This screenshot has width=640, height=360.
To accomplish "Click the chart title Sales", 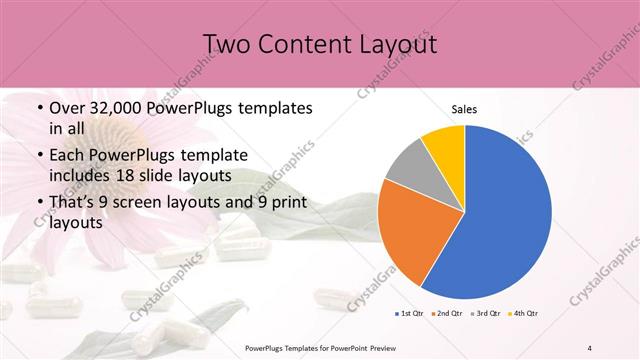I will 464,109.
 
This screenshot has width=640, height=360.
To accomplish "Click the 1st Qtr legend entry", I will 410,314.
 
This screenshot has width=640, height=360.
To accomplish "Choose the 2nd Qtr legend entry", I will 446,314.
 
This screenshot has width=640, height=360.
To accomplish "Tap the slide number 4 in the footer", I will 590,348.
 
